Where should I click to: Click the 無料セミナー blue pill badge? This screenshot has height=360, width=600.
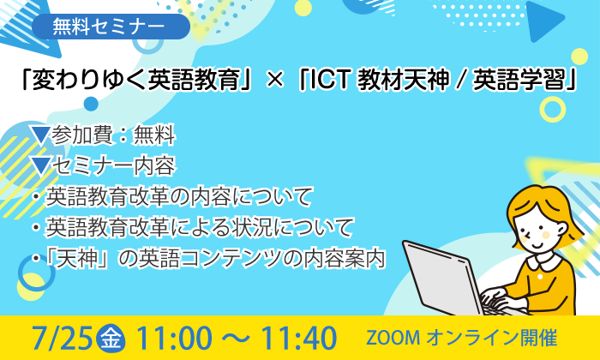111,27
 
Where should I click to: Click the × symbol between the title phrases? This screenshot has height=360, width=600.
274,81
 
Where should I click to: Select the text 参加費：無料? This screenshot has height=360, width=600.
113,135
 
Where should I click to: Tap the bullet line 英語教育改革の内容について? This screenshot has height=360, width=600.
178,196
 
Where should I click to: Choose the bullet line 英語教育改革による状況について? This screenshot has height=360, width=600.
199,227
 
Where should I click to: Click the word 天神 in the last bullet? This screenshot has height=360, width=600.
75,258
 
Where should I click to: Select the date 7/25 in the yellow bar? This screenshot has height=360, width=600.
63,339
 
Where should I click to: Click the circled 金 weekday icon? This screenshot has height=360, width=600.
111,339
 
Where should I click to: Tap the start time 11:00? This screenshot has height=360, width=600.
173,339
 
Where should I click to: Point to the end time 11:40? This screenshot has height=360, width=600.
299,339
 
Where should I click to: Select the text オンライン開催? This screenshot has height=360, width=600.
491,339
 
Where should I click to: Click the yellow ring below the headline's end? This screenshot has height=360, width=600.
552,110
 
